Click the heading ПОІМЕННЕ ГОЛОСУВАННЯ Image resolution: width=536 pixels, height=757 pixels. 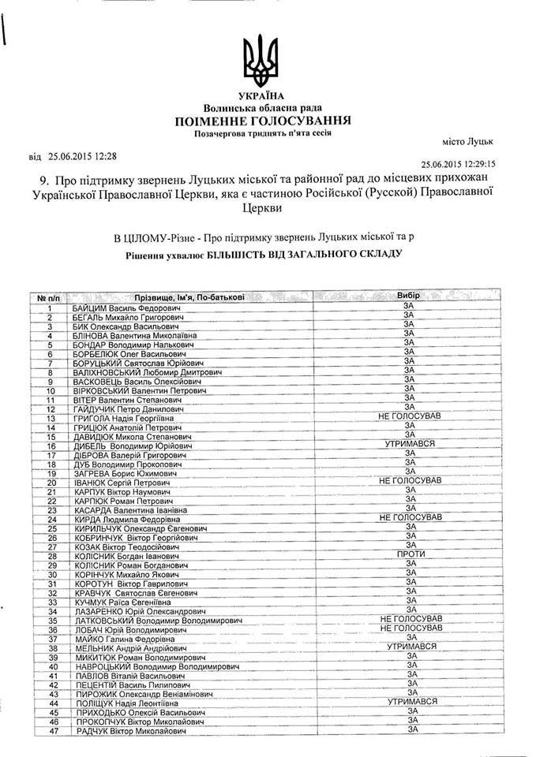[264, 120]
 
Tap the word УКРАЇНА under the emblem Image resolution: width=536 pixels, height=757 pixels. [264, 95]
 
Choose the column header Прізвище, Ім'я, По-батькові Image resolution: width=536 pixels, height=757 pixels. [189, 296]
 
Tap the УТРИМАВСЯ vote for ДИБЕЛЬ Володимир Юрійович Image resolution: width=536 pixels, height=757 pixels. [407, 444]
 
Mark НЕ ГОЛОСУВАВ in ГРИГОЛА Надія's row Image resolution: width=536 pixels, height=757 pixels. [410, 416]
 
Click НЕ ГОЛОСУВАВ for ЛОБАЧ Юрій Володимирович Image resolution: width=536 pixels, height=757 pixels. [410, 628]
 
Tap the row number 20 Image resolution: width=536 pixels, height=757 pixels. [53, 482]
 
